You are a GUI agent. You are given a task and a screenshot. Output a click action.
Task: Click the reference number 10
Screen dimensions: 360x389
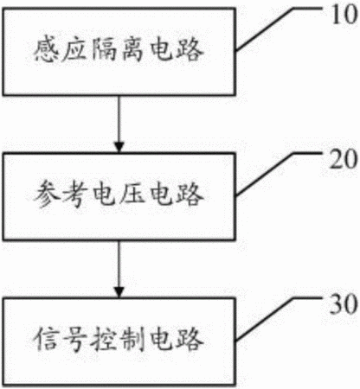click(344, 15)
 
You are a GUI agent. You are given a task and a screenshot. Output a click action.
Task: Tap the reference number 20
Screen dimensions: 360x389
click(344, 159)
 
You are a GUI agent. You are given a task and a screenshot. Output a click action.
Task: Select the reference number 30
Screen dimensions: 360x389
click(344, 304)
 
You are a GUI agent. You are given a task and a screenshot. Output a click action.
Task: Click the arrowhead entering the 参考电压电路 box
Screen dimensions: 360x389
click(119, 147)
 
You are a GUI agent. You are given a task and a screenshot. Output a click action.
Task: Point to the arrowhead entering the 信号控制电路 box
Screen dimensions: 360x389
click(119, 292)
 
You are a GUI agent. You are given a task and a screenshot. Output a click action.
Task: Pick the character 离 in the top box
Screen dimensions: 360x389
click(132, 49)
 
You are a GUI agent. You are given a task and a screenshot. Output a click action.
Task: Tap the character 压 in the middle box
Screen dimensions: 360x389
click(132, 194)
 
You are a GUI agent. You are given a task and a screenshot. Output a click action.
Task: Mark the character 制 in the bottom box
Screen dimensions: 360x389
click(132, 340)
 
